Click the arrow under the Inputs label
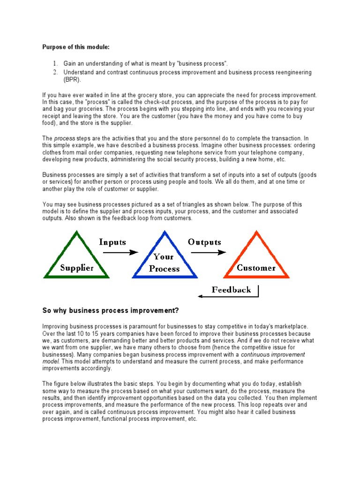[x=120, y=252]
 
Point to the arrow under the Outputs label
[x=208, y=252]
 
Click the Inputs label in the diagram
[x=112, y=242]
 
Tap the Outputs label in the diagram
[x=204, y=242]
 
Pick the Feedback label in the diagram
[x=232, y=289]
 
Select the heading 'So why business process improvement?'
[x=111, y=311]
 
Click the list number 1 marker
[x=55, y=63]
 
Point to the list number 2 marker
[x=55, y=72]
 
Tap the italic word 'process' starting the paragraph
[x=61, y=139]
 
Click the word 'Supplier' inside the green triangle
[x=77, y=268]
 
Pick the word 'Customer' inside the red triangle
[x=256, y=268]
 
